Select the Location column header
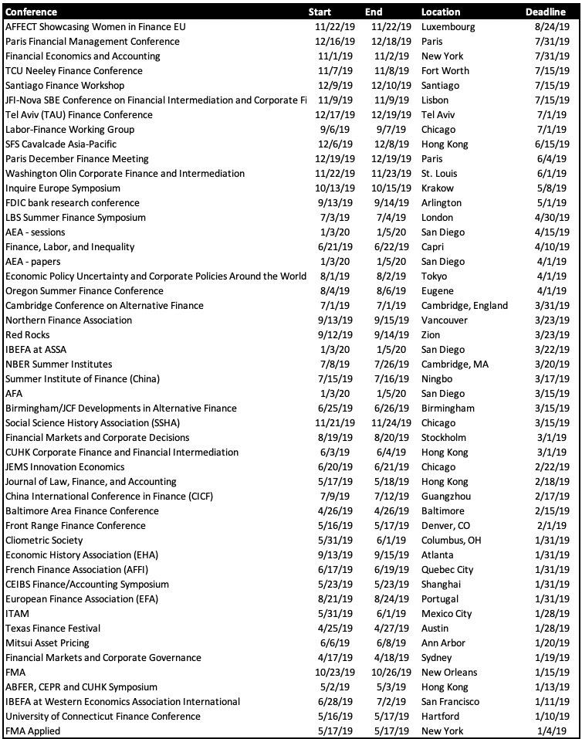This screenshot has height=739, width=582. [441, 12]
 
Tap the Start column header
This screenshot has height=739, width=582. [320, 12]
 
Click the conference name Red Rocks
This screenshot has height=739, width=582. [28, 335]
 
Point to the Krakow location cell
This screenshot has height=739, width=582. [438, 188]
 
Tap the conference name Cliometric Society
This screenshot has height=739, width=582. [44, 541]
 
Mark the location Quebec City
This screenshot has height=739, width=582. [448, 570]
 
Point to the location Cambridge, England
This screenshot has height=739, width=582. [465, 306]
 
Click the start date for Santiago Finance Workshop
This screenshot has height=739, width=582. [337, 86]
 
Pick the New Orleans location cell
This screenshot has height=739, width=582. [449, 673]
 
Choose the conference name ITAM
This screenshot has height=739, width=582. [18, 614]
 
